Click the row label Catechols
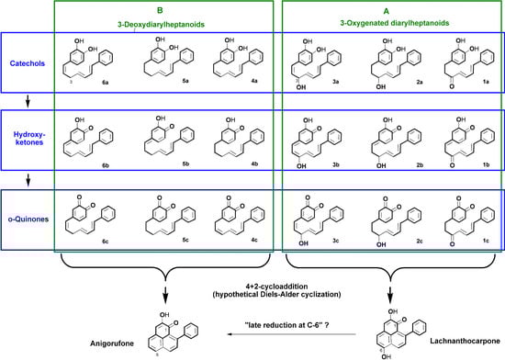pos(23,42)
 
